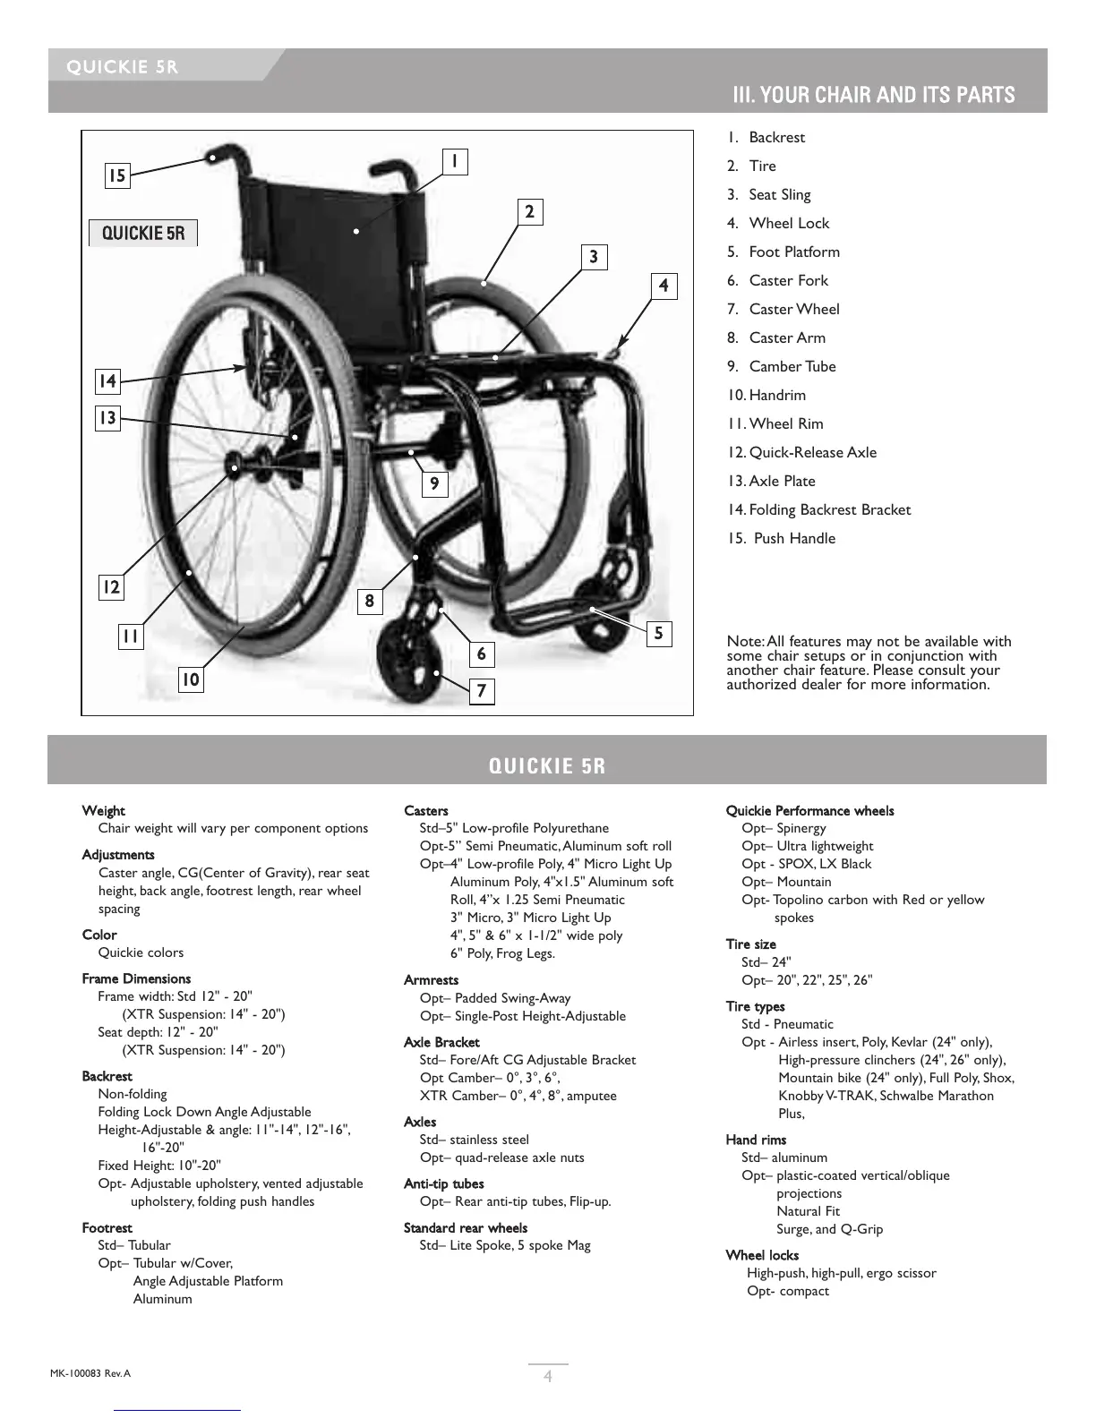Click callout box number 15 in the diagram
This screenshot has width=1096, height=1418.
coord(117,175)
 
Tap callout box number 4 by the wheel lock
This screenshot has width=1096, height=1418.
coord(664,286)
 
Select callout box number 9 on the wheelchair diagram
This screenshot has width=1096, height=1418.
coord(434,484)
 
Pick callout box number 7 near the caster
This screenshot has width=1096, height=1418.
coord(482,691)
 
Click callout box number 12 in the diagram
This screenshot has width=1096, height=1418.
coord(110,587)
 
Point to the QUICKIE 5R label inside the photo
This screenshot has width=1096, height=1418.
coord(143,234)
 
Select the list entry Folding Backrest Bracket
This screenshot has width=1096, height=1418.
coord(828,509)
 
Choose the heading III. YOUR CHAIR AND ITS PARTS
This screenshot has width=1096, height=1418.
coord(873,95)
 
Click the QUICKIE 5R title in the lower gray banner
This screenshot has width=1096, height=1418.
coord(547,766)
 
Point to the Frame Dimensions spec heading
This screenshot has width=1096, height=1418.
coord(136,978)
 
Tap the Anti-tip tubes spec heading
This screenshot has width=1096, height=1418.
coord(443,1183)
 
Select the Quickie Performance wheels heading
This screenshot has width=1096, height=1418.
coord(809,811)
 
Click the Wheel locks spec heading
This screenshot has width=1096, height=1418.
coord(762,1255)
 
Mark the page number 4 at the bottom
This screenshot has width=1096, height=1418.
coord(548,1377)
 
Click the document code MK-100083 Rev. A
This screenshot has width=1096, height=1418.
coord(90,1373)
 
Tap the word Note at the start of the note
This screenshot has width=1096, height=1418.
coord(744,641)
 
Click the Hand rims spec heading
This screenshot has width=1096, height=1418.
coord(756,1140)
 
